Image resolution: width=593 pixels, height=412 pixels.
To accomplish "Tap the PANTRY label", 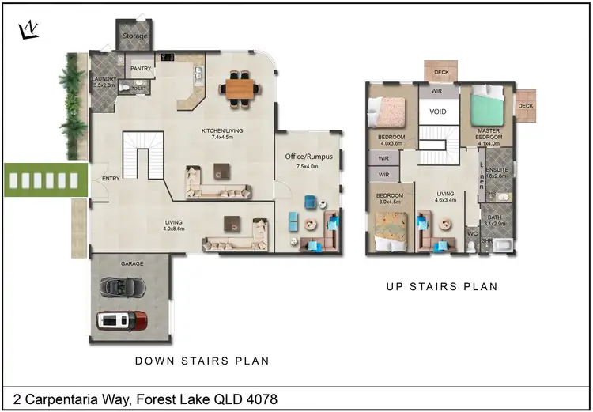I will coord(141,69).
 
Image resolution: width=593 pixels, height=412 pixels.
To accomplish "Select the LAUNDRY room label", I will coord(104,80).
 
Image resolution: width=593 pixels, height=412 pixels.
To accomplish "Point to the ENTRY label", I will coord(111,179).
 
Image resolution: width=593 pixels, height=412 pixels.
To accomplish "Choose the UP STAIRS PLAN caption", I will coord(441,286).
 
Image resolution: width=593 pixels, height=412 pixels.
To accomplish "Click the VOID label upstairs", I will coord(438,112).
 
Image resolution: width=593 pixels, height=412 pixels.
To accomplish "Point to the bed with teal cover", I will coord(488,108).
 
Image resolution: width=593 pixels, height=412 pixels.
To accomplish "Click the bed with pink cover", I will coord(388,112).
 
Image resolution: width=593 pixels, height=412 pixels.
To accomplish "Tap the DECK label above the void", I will coord(441,71).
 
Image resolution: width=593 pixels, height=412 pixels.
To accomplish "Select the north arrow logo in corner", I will coord(28,30).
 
